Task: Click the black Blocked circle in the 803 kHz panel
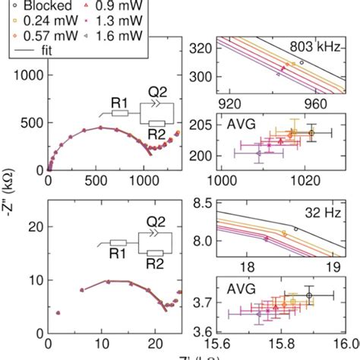[302, 62]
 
